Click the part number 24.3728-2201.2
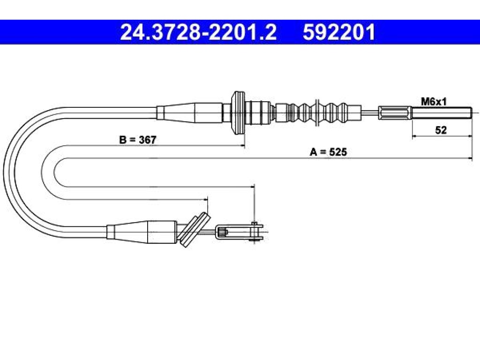click(198, 32)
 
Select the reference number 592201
click(339, 32)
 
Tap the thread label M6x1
click(434, 101)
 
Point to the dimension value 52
click(441, 130)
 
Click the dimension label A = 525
click(329, 152)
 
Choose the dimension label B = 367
click(138, 140)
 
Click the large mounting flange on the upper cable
click(238, 112)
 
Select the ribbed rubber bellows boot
click(318, 112)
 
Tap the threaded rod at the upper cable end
click(441, 112)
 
